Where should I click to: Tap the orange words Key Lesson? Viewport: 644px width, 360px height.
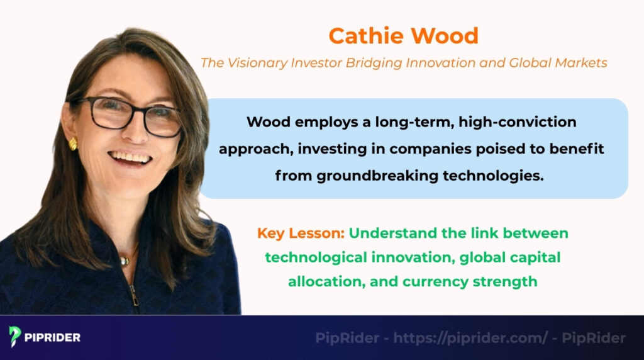[x=301, y=233]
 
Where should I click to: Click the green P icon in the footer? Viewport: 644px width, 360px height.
[x=15, y=337]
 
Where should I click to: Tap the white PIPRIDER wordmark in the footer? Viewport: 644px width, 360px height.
[x=53, y=337]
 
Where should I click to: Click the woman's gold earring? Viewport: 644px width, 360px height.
[x=73, y=144]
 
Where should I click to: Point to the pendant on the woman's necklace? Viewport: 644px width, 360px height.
[x=123, y=261]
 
